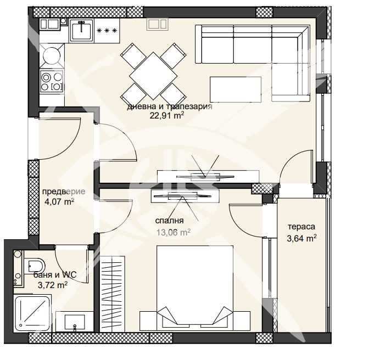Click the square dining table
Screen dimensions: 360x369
pyautogui.click(x=150, y=72)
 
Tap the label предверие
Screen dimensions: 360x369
pyautogui.click(x=63, y=192)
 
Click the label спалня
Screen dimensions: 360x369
pyautogui.click(x=172, y=221)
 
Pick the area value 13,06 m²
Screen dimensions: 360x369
pyautogui.click(x=173, y=232)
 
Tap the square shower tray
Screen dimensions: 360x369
pyautogui.click(x=33, y=312)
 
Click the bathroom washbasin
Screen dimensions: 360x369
pyautogui.click(x=74, y=322)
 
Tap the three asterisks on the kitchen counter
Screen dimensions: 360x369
pyautogui.click(x=107, y=30)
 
